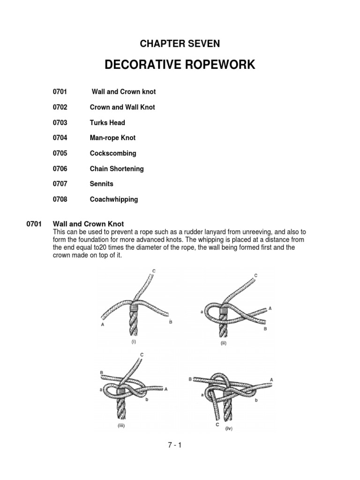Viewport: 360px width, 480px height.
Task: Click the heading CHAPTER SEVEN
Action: pos(180,44)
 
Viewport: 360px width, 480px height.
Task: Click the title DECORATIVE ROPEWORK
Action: pos(180,65)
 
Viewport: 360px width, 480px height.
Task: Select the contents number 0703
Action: pos(60,122)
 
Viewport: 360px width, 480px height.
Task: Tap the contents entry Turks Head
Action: pos(107,122)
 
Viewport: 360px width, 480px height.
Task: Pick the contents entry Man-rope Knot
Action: pos(112,138)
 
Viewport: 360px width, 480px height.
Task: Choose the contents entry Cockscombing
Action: pos(113,153)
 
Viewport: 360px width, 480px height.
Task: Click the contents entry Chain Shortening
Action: pos(117,168)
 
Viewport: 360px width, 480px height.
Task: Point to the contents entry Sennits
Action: pos(102,184)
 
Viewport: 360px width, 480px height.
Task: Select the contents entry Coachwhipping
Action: pos(114,199)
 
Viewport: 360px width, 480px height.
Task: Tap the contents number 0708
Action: pos(60,199)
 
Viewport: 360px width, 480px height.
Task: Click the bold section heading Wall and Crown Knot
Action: pos(89,224)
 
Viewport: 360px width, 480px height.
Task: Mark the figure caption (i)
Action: pos(134,342)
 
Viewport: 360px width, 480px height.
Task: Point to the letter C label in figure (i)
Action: pos(155,271)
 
